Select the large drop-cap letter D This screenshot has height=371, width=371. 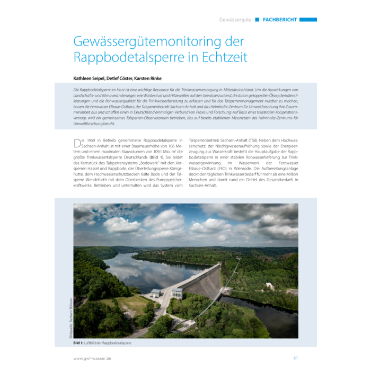click(x=77, y=144)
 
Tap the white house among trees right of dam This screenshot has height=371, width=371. click(x=271, y=287)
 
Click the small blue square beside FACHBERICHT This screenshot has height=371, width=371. click(x=257, y=20)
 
